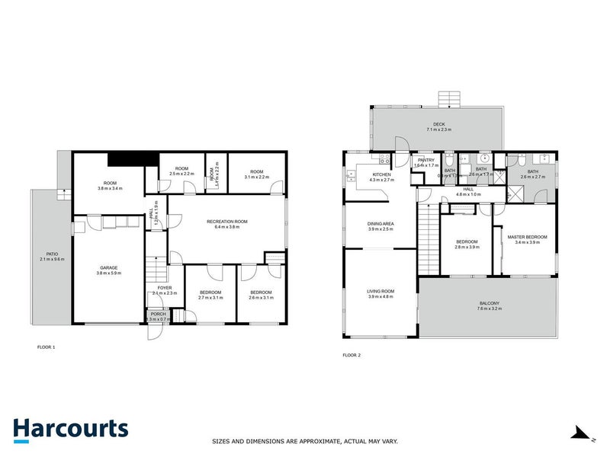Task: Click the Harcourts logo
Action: pyautogui.click(x=71, y=428)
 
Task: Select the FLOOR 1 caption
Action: pyautogui.click(x=46, y=347)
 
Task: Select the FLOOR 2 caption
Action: pyautogui.click(x=352, y=355)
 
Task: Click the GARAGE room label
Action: pyautogui.click(x=109, y=267)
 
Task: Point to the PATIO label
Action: pyautogui.click(x=52, y=254)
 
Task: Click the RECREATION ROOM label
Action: pyautogui.click(x=227, y=222)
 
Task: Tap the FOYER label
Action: pyautogui.click(x=165, y=287)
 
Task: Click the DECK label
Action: pyautogui.click(x=438, y=124)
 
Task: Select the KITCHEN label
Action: pyautogui.click(x=380, y=174)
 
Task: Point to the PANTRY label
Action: pyautogui.click(x=425, y=160)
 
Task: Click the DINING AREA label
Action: pyautogui.click(x=380, y=224)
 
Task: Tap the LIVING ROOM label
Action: pyautogui.click(x=380, y=290)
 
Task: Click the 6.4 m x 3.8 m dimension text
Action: pyautogui.click(x=227, y=227)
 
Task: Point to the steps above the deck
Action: pyautogui.click(x=450, y=98)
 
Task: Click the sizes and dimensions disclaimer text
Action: pyautogui.click(x=304, y=441)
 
